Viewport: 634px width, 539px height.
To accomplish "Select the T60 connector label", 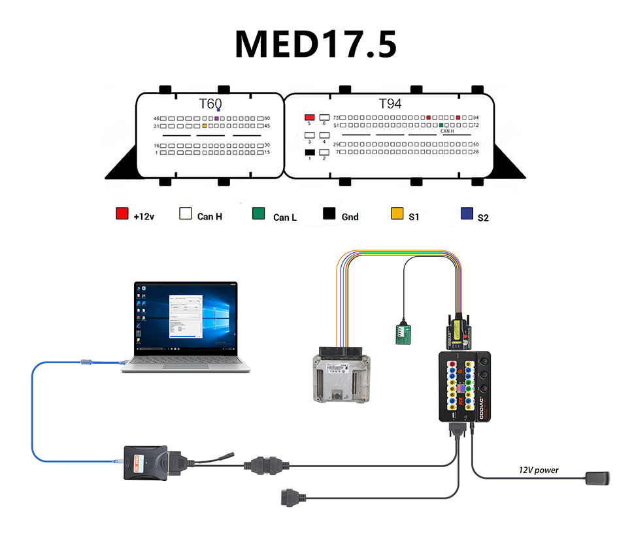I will (x=210, y=104).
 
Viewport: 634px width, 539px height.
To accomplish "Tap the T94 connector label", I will (x=390, y=104).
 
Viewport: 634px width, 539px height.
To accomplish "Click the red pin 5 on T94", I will (x=310, y=117).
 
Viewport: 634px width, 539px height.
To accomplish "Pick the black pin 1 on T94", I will (x=310, y=152).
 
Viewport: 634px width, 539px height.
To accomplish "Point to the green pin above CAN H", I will (x=442, y=125).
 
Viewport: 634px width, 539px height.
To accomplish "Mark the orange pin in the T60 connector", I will (x=205, y=125).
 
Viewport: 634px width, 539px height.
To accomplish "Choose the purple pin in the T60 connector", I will (x=217, y=118).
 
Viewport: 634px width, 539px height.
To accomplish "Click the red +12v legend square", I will (x=122, y=214).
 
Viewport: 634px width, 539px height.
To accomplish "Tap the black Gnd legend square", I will (x=329, y=214).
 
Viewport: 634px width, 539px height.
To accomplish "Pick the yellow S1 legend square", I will (x=397, y=214).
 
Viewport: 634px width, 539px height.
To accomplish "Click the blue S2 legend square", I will (x=467, y=214).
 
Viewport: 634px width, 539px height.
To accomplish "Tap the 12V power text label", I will (x=539, y=470).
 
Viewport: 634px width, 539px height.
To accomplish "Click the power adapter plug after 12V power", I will (x=598, y=478).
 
